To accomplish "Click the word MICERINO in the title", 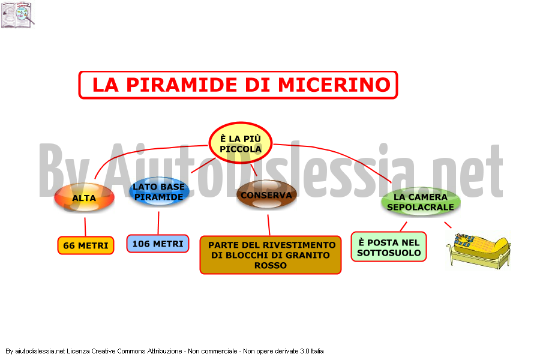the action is (334, 85).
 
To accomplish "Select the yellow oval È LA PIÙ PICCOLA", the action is (241, 143).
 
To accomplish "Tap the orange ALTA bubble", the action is (84, 197).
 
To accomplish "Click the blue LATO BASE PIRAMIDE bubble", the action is (159, 191).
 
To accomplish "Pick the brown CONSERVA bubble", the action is (266, 194).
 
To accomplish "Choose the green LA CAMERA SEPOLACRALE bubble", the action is (421, 202).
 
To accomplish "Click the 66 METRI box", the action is (86, 245).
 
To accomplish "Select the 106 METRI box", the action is (158, 244).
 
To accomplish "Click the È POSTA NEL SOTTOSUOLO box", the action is (389, 247).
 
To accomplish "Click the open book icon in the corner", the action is (17, 14).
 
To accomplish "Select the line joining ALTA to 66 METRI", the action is (85, 227).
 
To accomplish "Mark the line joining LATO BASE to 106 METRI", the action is (158, 223).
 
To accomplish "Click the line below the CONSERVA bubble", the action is (269, 225).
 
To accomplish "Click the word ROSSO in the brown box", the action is (271, 266).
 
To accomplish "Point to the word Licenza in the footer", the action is (78, 351).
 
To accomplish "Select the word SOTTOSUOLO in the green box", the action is (389, 253).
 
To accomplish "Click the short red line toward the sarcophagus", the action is (448, 225).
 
